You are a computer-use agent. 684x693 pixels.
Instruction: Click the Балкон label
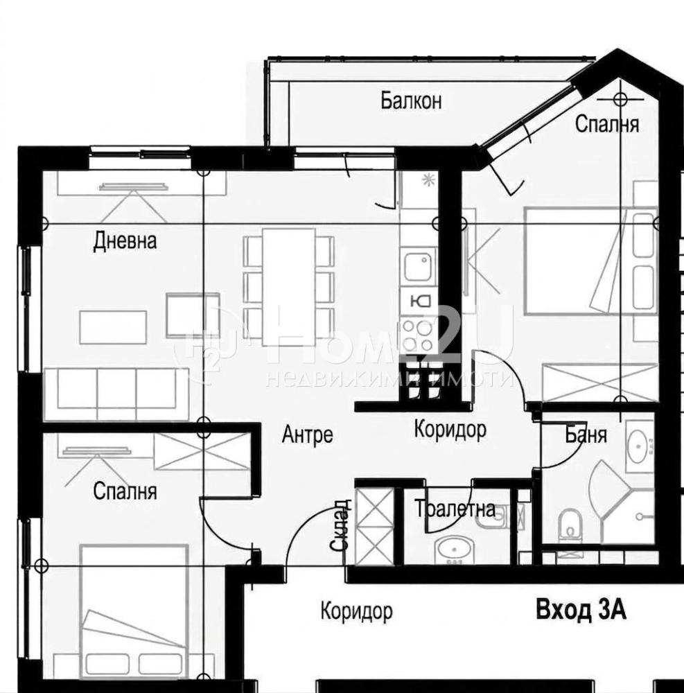411,101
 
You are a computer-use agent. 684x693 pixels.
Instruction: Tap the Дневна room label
125,242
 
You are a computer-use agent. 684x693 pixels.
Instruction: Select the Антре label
308,435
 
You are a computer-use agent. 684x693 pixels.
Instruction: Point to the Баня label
586,435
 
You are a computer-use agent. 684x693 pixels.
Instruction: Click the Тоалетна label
455,509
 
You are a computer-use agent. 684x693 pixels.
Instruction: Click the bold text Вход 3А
581,611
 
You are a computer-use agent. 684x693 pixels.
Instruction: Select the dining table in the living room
288,287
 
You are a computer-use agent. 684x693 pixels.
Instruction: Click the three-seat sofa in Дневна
118,394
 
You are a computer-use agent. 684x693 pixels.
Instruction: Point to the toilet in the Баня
570,525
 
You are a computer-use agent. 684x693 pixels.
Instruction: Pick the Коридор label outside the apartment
356,612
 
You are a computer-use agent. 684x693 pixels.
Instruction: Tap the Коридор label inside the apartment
450,429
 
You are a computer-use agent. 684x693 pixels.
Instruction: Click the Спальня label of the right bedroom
607,125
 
